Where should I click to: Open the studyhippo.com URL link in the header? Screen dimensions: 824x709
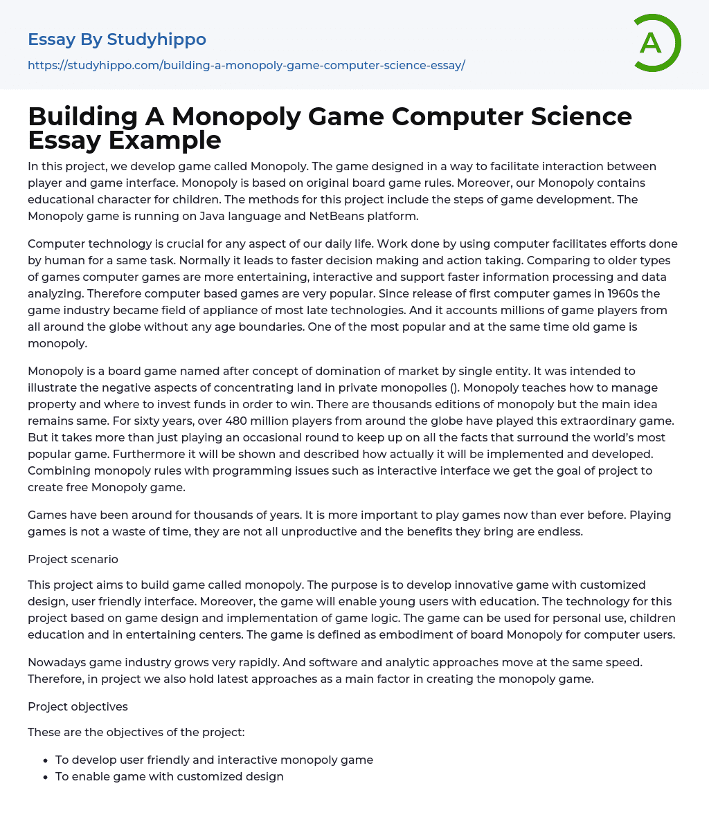pyautogui.click(x=246, y=65)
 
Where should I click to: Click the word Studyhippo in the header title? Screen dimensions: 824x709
pyautogui.click(x=156, y=40)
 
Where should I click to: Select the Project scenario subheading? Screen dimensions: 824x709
pyautogui.click(x=73, y=559)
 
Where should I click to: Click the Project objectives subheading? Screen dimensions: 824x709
pyautogui.click(x=78, y=706)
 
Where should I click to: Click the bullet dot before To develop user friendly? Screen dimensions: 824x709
pyautogui.click(x=45, y=760)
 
